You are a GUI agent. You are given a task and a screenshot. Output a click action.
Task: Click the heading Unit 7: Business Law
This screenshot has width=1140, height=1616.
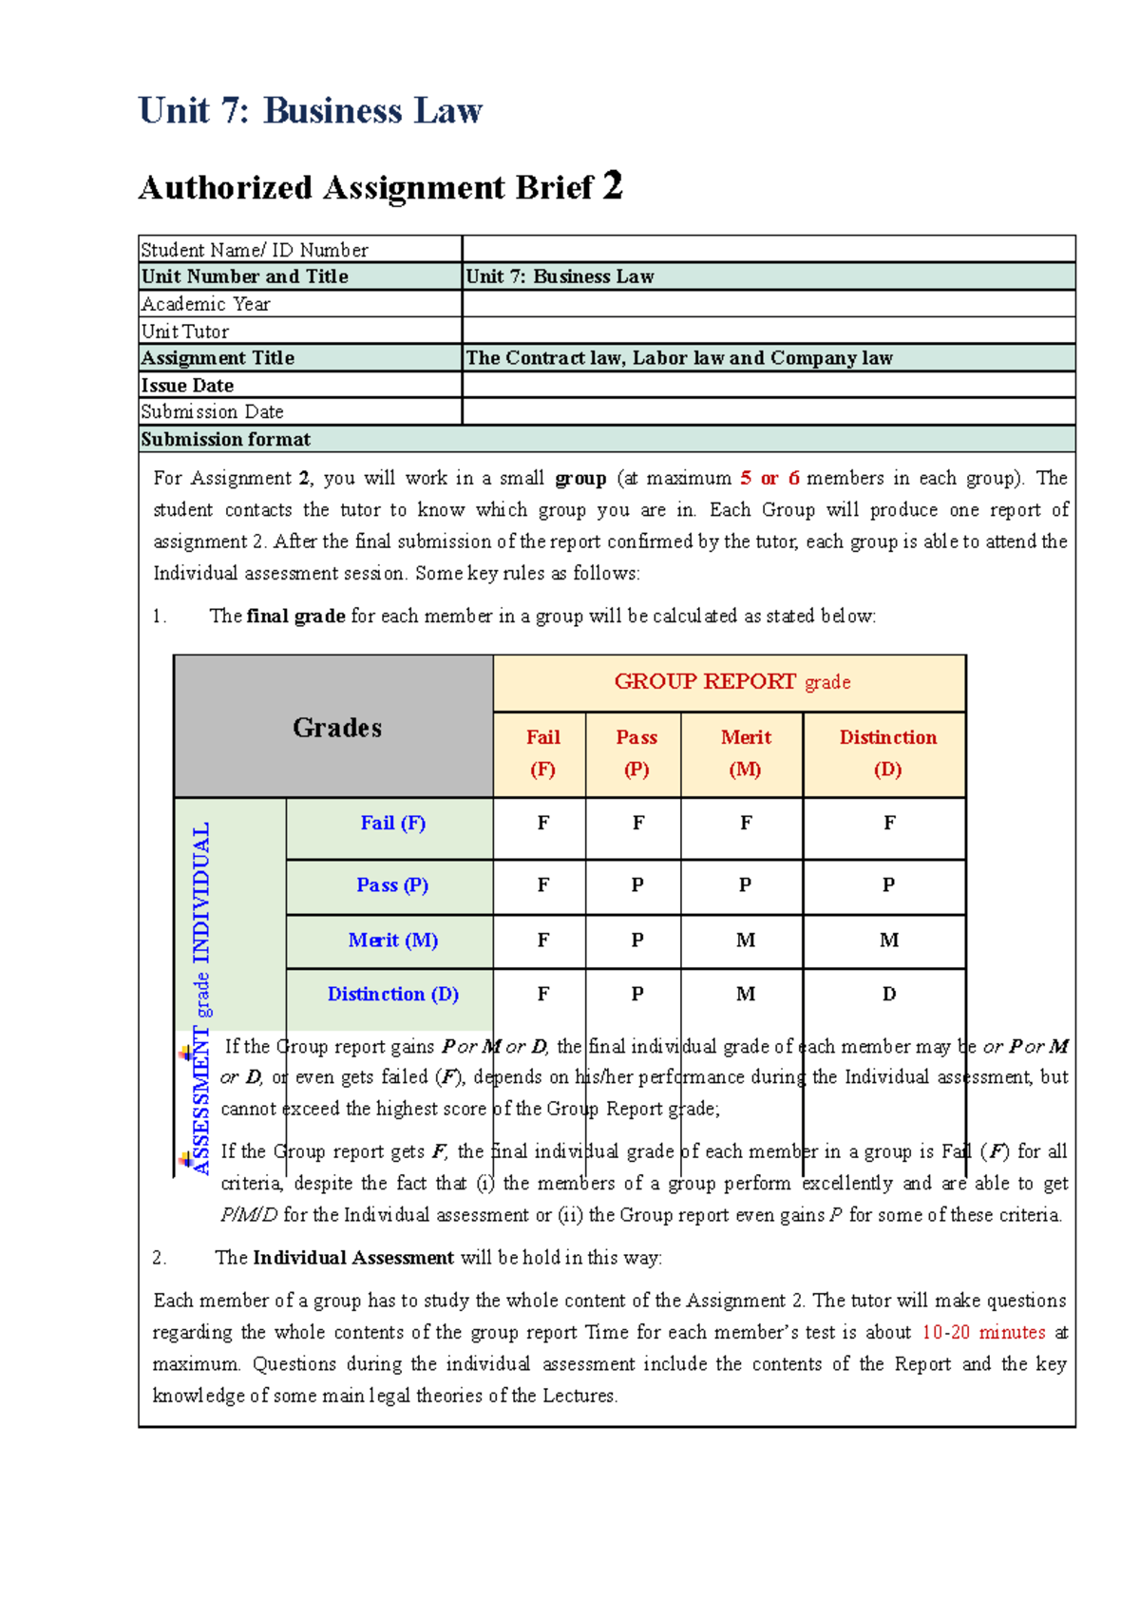tap(311, 111)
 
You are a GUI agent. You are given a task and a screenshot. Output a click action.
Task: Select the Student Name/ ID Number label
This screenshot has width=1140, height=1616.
tap(254, 250)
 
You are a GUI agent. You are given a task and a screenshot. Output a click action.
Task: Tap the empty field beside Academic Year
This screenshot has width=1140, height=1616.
tap(768, 304)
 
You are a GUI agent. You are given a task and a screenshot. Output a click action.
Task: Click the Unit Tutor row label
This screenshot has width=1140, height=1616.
tap(185, 332)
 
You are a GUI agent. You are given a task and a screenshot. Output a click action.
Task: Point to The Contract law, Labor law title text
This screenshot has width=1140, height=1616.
tap(678, 358)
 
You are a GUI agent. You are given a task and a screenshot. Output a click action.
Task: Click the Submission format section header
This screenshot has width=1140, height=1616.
tap(226, 439)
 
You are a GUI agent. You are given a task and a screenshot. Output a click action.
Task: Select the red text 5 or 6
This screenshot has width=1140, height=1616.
tap(769, 478)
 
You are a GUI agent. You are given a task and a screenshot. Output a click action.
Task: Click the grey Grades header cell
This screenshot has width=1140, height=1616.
tap(336, 728)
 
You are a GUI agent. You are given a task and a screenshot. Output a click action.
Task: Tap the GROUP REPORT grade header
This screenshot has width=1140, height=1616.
tap(731, 682)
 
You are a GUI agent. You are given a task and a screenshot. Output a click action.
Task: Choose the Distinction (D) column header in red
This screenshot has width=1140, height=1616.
tap(887, 752)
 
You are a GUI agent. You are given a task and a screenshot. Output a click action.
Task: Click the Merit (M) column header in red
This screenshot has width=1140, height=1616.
tap(745, 752)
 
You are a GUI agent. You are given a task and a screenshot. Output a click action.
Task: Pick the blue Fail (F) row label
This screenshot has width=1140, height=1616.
tap(392, 824)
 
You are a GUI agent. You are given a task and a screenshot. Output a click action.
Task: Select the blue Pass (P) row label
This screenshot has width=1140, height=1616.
tap(392, 885)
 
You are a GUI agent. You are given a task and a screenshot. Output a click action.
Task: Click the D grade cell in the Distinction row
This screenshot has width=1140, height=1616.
tap(888, 994)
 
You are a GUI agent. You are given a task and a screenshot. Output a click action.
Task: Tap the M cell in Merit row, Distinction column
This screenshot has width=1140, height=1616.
tap(888, 940)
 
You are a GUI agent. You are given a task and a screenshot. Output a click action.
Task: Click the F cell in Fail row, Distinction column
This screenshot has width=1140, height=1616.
tap(888, 824)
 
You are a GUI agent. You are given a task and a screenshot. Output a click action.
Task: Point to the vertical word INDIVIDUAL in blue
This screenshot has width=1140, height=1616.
tap(201, 893)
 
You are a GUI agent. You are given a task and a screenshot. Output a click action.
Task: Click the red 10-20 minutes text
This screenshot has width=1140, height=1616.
tap(983, 1332)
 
